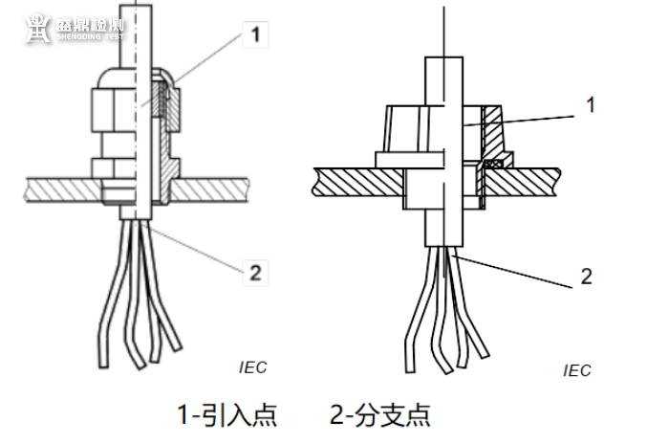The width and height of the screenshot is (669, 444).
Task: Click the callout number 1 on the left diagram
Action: tap(255, 35)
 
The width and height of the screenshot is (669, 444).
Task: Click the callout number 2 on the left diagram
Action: tap(255, 272)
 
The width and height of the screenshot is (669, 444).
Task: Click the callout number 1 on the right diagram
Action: tap(590, 104)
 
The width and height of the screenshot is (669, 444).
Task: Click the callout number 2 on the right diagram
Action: tap(586, 277)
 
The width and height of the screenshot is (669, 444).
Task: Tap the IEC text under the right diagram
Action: tap(577, 370)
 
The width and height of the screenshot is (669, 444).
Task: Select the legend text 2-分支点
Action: tap(380, 414)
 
